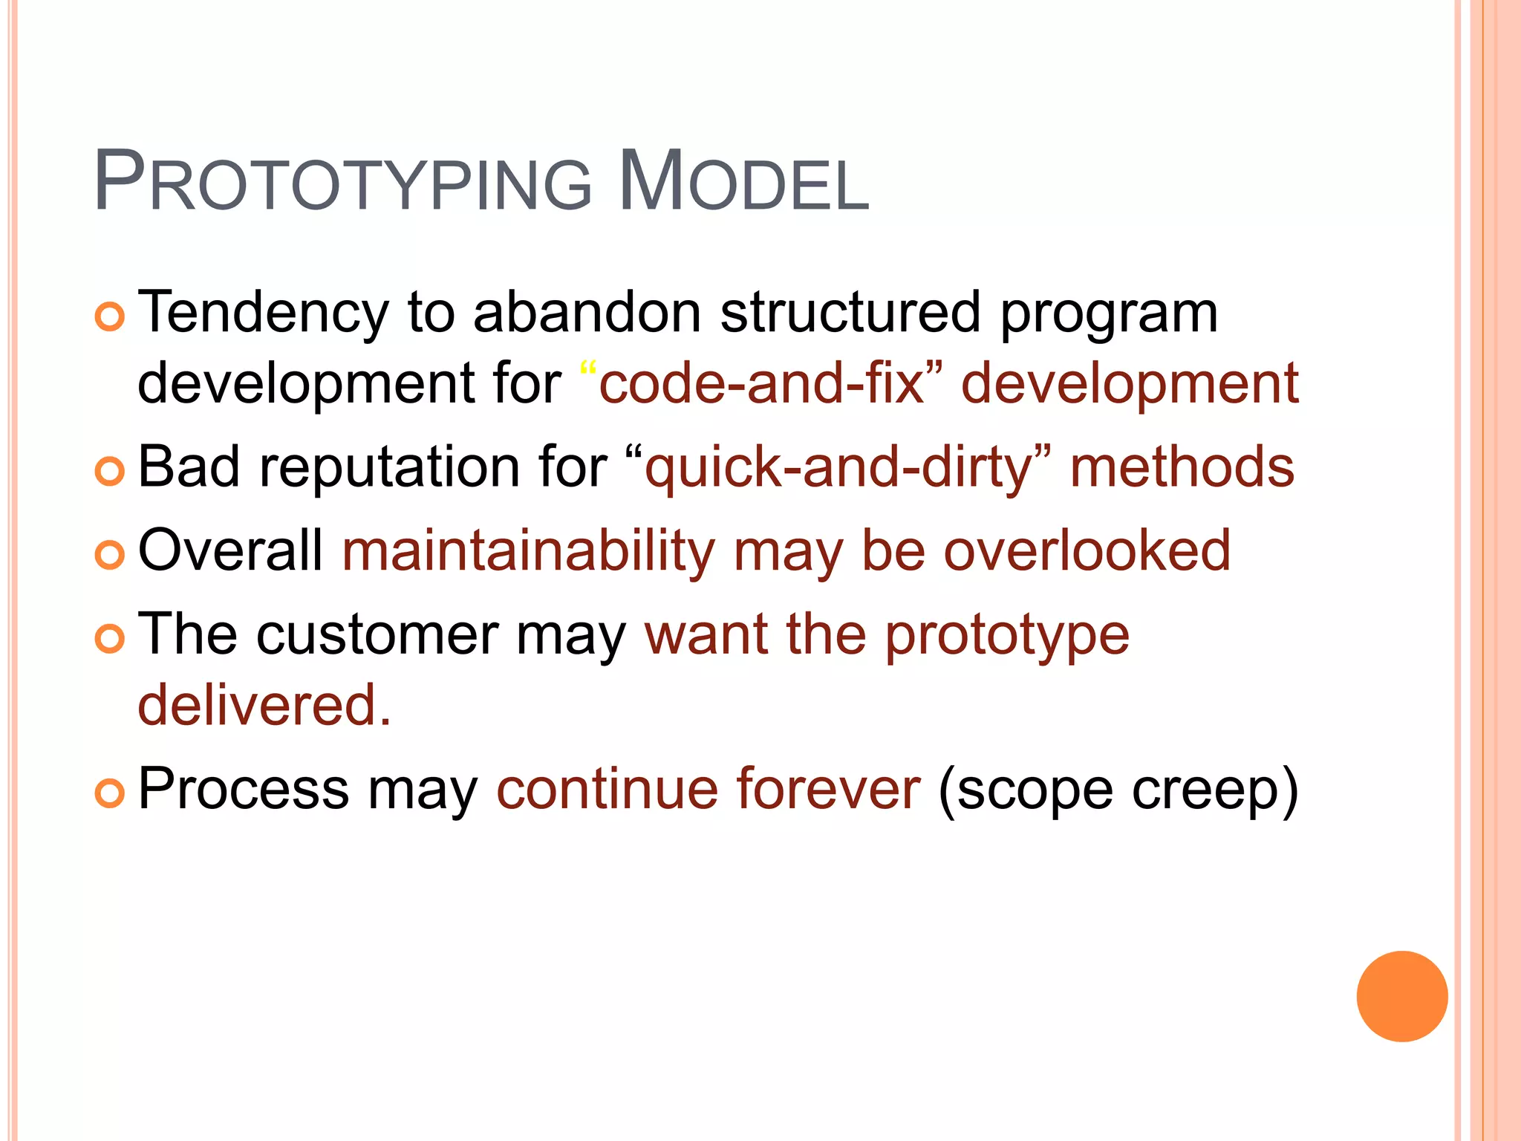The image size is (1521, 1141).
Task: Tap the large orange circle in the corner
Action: (1401, 996)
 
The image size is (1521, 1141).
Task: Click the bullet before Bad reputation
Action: (110, 472)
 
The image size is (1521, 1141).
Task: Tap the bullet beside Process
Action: (110, 793)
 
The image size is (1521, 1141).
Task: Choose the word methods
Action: (1182, 468)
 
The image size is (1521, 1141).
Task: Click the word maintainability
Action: (529, 552)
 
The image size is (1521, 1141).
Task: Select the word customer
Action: (377, 636)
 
